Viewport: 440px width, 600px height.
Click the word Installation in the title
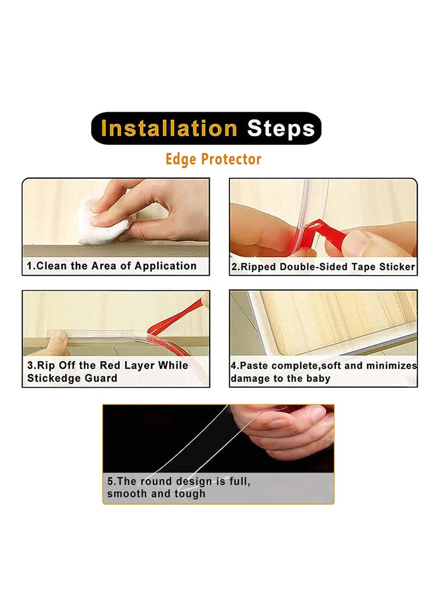pyautogui.click(x=169, y=129)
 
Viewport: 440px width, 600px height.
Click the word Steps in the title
pyautogui.click(x=280, y=129)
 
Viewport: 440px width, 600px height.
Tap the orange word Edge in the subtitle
pyautogui.click(x=182, y=159)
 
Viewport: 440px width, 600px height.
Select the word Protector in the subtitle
pyautogui.click(x=231, y=159)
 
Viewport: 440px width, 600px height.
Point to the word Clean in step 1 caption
pyautogui.click(x=53, y=266)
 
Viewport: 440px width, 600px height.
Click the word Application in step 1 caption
pyautogui.click(x=166, y=266)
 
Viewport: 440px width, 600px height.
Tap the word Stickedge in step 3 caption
pyautogui.click(x=51, y=378)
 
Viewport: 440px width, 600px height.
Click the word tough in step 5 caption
pyautogui.click(x=190, y=493)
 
